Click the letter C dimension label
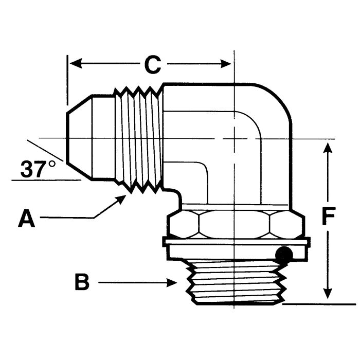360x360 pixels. tap(152, 64)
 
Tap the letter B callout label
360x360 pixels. tap(82, 282)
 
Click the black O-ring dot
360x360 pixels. tap(283, 253)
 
